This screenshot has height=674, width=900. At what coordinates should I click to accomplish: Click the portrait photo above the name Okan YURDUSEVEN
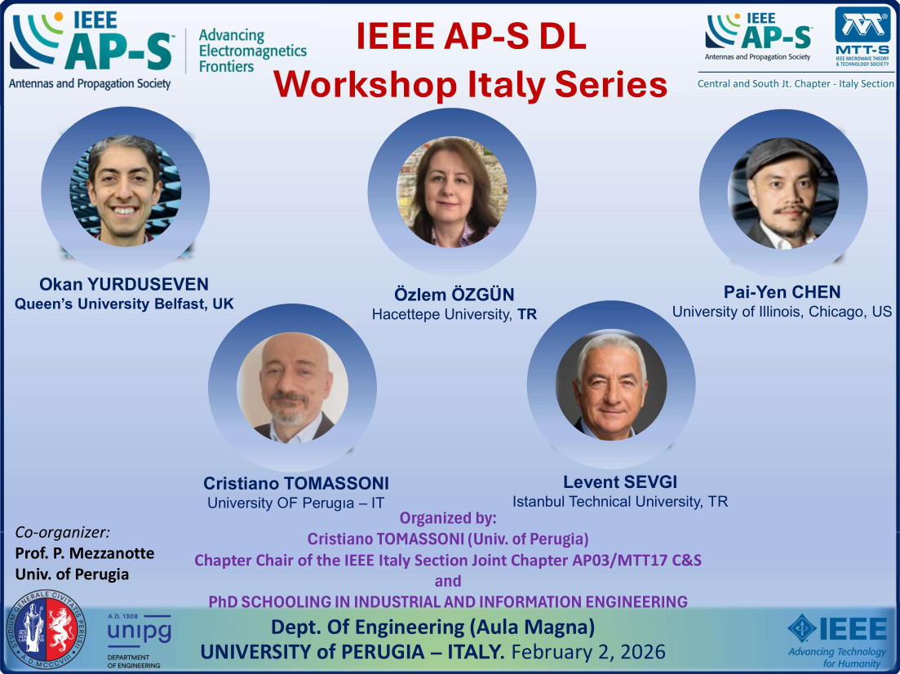pyautogui.click(x=125, y=189)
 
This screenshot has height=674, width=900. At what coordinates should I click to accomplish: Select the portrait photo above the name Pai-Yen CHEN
pyautogui.click(x=783, y=193)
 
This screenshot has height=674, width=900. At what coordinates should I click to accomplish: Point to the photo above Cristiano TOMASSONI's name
pyautogui.click(x=292, y=388)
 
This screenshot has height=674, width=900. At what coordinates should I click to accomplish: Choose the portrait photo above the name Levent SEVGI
pyautogui.click(x=611, y=385)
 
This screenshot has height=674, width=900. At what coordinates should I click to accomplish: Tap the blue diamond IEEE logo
pyautogui.click(x=837, y=630)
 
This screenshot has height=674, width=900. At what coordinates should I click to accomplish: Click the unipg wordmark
pyautogui.click(x=140, y=632)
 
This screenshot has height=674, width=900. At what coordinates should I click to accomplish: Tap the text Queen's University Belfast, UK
pyautogui.click(x=123, y=304)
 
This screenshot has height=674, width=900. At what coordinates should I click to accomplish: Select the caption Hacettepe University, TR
pyautogui.click(x=454, y=313)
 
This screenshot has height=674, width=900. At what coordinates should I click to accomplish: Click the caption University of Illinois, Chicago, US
pyautogui.click(x=782, y=312)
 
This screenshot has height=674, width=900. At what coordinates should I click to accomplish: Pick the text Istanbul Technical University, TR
pyautogui.click(x=619, y=500)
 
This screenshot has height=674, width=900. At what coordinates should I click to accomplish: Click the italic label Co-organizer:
pyautogui.click(x=62, y=532)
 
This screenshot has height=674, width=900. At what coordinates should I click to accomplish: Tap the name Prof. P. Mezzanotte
pyautogui.click(x=85, y=553)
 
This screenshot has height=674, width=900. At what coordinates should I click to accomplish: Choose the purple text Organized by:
pyautogui.click(x=447, y=518)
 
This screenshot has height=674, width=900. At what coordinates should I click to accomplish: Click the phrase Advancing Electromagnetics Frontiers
pyautogui.click(x=252, y=51)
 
